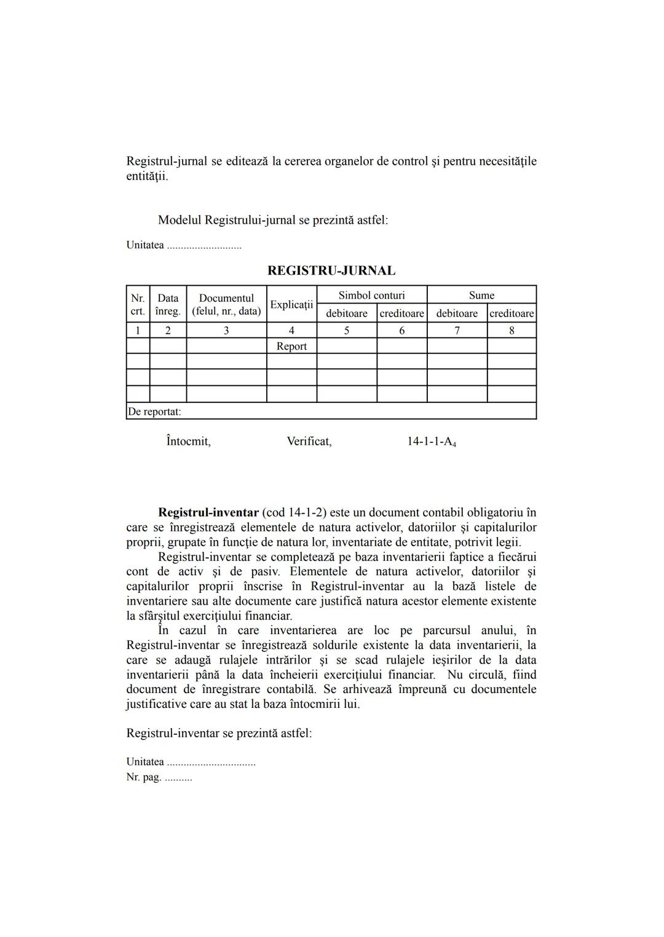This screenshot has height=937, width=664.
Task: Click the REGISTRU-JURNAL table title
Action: [331, 270]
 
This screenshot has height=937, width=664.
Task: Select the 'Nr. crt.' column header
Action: [138, 304]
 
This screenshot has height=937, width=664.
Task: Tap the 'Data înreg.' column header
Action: [168, 304]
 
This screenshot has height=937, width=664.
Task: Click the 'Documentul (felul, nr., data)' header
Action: [226, 304]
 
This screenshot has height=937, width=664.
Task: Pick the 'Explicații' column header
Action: [291, 304]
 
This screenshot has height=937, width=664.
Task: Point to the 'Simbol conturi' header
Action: [371, 295]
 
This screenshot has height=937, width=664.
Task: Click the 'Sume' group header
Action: [481, 295]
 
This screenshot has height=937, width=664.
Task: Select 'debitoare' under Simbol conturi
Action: [347, 313]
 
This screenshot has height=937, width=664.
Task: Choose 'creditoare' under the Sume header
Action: [512, 313]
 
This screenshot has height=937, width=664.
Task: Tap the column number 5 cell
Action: [347, 331]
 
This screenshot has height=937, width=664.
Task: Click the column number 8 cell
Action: [512, 331]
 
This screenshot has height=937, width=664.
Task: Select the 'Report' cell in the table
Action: [291, 346]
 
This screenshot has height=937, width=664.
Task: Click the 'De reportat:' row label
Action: [154, 412]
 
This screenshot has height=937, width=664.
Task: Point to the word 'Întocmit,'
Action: [188, 441]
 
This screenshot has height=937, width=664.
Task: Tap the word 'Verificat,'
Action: [309, 441]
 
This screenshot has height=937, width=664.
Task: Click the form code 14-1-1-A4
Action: [431, 442]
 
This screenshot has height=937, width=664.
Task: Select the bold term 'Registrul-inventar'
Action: [208, 512]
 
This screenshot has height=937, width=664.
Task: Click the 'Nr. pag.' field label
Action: [144, 777]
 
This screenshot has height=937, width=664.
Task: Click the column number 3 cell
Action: [226, 331]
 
